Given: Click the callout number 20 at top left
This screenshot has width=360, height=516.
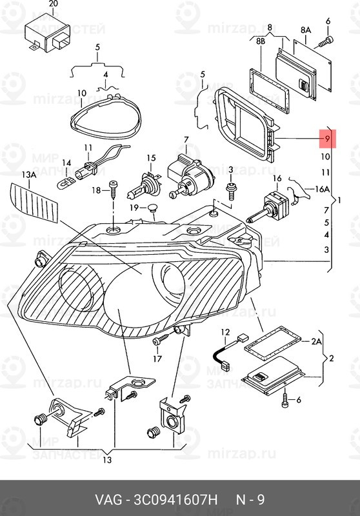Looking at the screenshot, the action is click(x=53, y=4).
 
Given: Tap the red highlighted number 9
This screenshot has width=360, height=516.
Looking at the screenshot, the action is click(x=326, y=139).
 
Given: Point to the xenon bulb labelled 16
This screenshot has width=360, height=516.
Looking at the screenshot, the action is click(x=268, y=207).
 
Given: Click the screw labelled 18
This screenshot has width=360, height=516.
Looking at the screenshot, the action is click(x=113, y=190).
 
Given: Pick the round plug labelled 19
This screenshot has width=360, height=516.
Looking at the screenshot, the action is click(x=152, y=208).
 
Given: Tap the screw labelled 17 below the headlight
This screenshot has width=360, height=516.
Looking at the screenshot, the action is click(x=161, y=341).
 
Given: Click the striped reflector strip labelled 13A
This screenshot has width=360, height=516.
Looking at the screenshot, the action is click(x=35, y=203).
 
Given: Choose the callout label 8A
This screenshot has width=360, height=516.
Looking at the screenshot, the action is click(x=306, y=30).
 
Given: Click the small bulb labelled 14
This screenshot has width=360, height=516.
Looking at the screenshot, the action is click(x=66, y=183).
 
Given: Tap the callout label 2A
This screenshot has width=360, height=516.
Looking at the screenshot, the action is click(x=316, y=341).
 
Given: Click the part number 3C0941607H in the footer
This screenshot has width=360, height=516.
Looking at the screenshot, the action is click(x=175, y=499).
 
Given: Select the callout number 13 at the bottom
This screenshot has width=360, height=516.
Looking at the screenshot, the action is click(x=107, y=460).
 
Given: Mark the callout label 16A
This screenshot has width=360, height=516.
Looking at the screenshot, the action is click(x=322, y=189).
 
